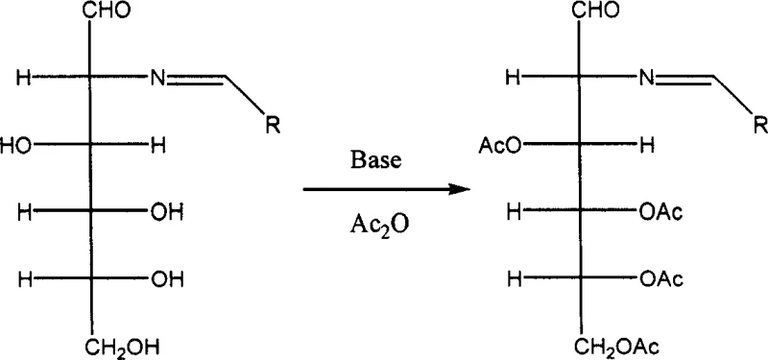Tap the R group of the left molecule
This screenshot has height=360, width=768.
[272, 125]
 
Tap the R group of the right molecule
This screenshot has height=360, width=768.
[758, 125]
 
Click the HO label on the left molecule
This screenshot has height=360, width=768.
[15, 147]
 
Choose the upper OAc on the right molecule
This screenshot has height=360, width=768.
[663, 213]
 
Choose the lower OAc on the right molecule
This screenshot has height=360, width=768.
[663, 279]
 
